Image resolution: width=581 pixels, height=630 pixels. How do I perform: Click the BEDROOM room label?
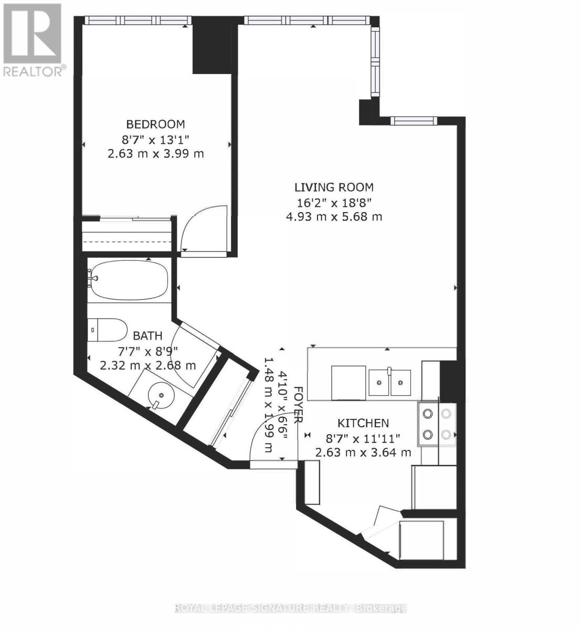[x=155, y=124]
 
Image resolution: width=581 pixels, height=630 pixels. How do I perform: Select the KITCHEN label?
[x=363, y=423]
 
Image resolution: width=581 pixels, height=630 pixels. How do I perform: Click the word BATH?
[x=147, y=336]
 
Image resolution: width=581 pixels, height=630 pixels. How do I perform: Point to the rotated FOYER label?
[x=298, y=405]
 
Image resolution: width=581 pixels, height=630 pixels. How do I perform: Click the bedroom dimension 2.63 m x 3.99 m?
[x=155, y=154]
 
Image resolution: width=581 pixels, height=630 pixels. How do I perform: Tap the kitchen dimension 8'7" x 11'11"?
[x=363, y=437]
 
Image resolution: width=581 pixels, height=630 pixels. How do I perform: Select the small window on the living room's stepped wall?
[x=414, y=121]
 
